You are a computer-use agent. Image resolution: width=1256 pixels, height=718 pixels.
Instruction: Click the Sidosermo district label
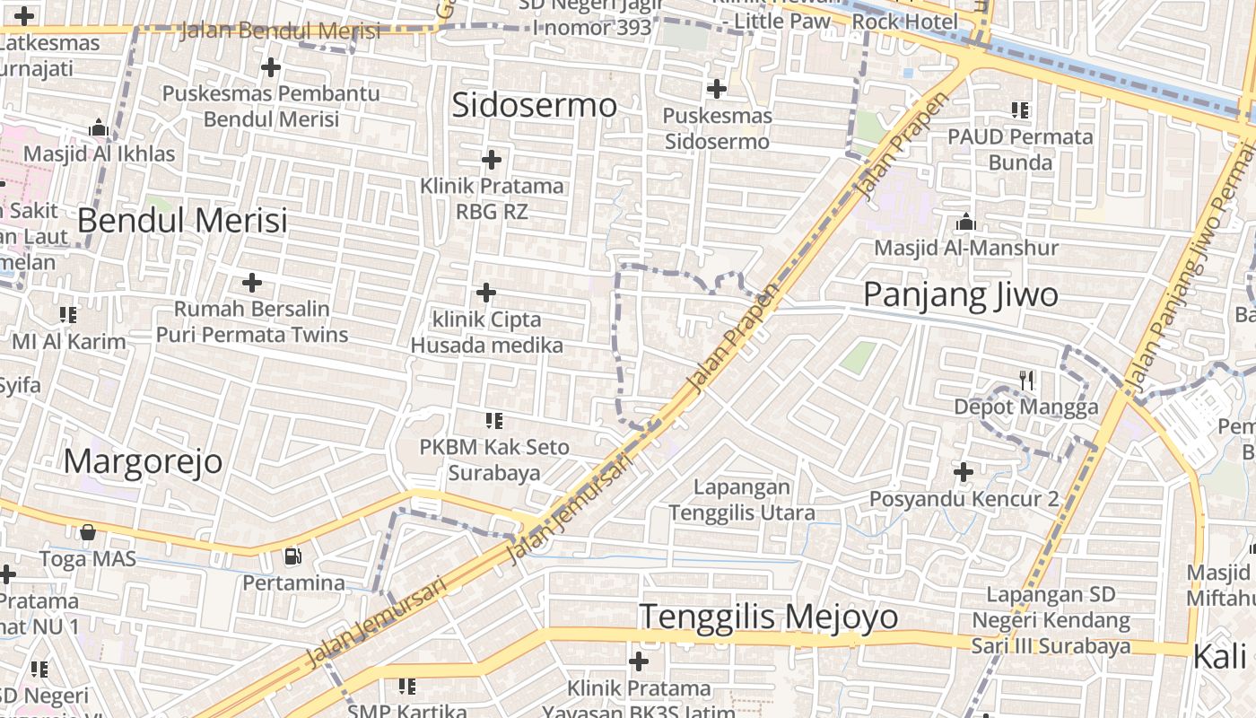click(535, 105)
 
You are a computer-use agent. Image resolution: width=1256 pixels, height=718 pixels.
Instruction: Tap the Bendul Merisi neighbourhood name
click(182, 220)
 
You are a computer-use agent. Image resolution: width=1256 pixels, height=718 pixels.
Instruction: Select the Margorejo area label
click(144, 461)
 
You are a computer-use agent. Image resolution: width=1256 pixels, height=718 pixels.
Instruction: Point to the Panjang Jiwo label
click(961, 294)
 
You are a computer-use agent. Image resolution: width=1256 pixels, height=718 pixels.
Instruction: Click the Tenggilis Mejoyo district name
click(769, 617)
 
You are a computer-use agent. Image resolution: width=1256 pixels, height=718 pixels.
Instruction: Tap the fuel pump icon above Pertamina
click(292, 556)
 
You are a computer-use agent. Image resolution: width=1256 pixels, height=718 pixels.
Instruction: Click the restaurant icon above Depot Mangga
click(1027, 381)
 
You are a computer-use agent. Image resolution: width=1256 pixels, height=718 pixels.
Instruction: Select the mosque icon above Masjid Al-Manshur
click(966, 222)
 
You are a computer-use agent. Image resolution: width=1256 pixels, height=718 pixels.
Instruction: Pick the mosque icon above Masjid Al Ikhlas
click(99, 128)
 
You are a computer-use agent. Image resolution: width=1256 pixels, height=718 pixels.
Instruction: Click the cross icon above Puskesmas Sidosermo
click(716, 89)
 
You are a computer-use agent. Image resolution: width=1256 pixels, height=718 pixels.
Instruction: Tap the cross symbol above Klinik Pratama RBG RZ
click(491, 160)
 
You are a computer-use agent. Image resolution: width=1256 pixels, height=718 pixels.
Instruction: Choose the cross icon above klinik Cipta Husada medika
click(485, 293)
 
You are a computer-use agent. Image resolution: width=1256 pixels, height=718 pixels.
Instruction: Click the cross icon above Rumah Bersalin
click(252, 284)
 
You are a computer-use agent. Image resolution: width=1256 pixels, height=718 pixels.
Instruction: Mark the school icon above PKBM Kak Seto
click(493, 420)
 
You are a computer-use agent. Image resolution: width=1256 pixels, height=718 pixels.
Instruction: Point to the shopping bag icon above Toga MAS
click(87, 533)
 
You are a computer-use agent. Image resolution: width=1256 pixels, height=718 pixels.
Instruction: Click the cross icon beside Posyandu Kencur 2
click(964, 472)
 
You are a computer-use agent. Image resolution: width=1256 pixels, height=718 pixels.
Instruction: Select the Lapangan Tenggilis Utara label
click(742, 500)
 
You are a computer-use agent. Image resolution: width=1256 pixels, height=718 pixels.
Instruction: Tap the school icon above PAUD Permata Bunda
click(1020, 110)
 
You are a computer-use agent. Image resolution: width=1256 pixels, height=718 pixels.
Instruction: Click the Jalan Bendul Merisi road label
click(280, 31)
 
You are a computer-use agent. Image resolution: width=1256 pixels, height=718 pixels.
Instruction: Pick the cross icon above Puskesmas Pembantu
click(270, 67)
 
